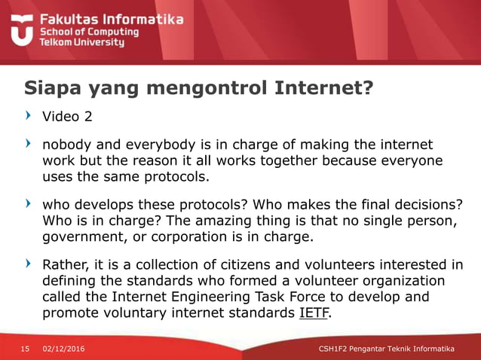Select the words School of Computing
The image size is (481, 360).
(x=89, y=32)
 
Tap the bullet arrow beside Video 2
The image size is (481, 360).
(x=28, y=117)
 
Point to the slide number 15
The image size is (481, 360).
(x=25, y=349)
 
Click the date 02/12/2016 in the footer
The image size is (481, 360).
(x=64, y=349)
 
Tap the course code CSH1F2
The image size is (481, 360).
(x=333, y=349)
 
